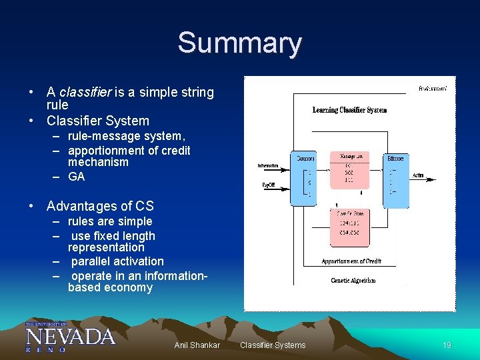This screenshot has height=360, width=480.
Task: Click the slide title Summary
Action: (239, 43)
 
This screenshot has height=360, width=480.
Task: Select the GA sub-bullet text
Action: (76, 177)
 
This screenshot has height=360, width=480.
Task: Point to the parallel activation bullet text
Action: (117, 261)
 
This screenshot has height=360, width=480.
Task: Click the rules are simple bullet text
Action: (110, 221)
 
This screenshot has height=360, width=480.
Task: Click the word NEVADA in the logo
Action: (70, 335)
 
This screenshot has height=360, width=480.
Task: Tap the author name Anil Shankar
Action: (197, 345)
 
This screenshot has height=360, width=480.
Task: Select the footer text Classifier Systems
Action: (273, 345)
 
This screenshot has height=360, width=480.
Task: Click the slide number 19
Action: (447, 345)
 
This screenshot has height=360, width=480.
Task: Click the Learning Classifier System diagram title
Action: (349, 110)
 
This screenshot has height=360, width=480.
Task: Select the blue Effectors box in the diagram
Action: (395, 179)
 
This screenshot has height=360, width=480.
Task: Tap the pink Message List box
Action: (349, 170)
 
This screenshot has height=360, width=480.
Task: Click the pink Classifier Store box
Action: (349, 227)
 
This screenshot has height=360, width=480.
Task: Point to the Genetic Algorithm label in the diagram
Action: (353, 281)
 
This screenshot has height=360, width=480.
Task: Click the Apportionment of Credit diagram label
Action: (351, 261)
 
